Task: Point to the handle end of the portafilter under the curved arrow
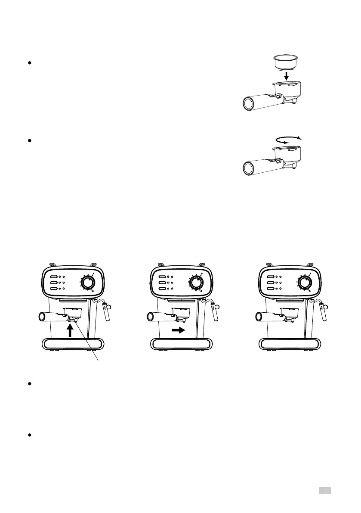(249, 166)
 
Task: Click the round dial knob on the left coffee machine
(88, 283)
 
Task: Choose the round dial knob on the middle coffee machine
(197, 283)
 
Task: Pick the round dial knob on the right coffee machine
(305, 283)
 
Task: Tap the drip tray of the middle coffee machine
(181, 344)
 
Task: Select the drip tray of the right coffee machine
(289, 344)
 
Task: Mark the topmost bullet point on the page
(29, 63)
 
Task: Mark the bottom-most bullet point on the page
(29, 435)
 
